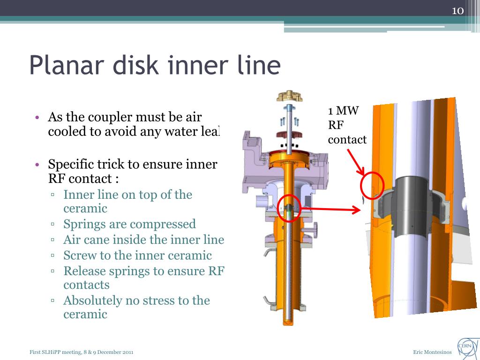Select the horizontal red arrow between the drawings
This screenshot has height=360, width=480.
click(333, 210)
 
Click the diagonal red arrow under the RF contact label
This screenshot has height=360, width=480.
click(357, 162)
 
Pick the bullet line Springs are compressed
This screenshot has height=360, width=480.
click(129, 225)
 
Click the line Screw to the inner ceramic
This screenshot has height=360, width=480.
click(137, 255)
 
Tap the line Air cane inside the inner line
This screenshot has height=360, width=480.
click(143, 240)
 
